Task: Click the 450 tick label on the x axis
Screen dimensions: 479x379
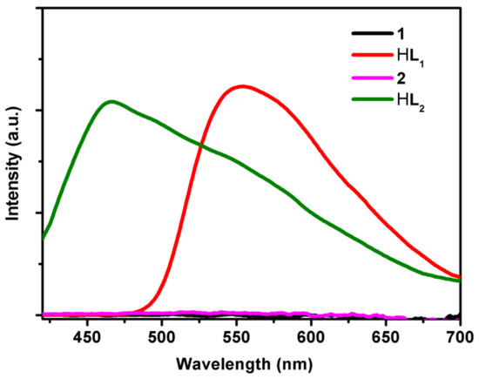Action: [x=87, y=337]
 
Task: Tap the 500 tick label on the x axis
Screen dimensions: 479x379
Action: [x=162, y=337]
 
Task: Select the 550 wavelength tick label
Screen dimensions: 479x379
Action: [x=236, y=337]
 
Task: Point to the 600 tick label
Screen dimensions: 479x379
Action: [x=311, y=337]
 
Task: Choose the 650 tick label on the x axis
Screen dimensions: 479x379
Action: [x=385, y=337]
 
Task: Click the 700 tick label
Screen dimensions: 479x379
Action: [x=460, y=337]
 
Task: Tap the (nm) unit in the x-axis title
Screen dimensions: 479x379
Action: [x=293, y=365]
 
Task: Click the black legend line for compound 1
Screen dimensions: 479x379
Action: [x=372, y=34]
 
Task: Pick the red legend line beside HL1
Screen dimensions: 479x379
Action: [x=372, y=55]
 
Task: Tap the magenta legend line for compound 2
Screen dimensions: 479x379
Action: [x=372, y=78]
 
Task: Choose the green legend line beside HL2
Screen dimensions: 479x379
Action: [x=372, y=99]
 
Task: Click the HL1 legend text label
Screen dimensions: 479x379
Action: [x=410, y=58]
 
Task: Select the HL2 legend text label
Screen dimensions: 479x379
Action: [x=410, y=102]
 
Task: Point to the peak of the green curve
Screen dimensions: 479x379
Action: [x=111, y=101]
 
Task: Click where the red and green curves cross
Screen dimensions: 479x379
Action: [x=200, y=145]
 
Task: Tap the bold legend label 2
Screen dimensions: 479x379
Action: [x=401, y=78]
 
